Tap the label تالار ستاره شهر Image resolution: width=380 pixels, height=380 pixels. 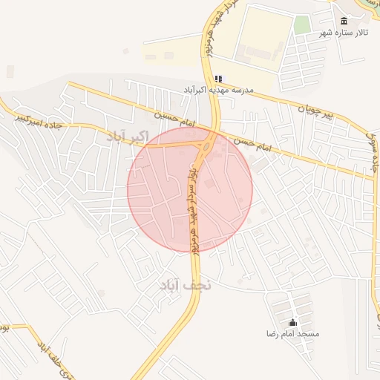[344, 33]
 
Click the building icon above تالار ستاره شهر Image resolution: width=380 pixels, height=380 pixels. [344, 21]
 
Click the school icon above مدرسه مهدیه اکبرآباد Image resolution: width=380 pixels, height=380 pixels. [218, 78]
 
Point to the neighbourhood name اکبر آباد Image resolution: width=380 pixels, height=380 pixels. [128, 136]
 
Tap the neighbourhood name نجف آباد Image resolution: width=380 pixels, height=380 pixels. [185, 284]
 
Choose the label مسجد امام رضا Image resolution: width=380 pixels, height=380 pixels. [293, 334]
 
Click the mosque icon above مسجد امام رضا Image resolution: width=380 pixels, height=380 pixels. [292, 323]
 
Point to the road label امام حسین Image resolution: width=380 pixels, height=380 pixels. [176, 117]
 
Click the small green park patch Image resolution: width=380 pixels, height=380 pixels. [301, 24]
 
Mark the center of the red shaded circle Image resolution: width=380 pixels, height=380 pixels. [190, 189]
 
